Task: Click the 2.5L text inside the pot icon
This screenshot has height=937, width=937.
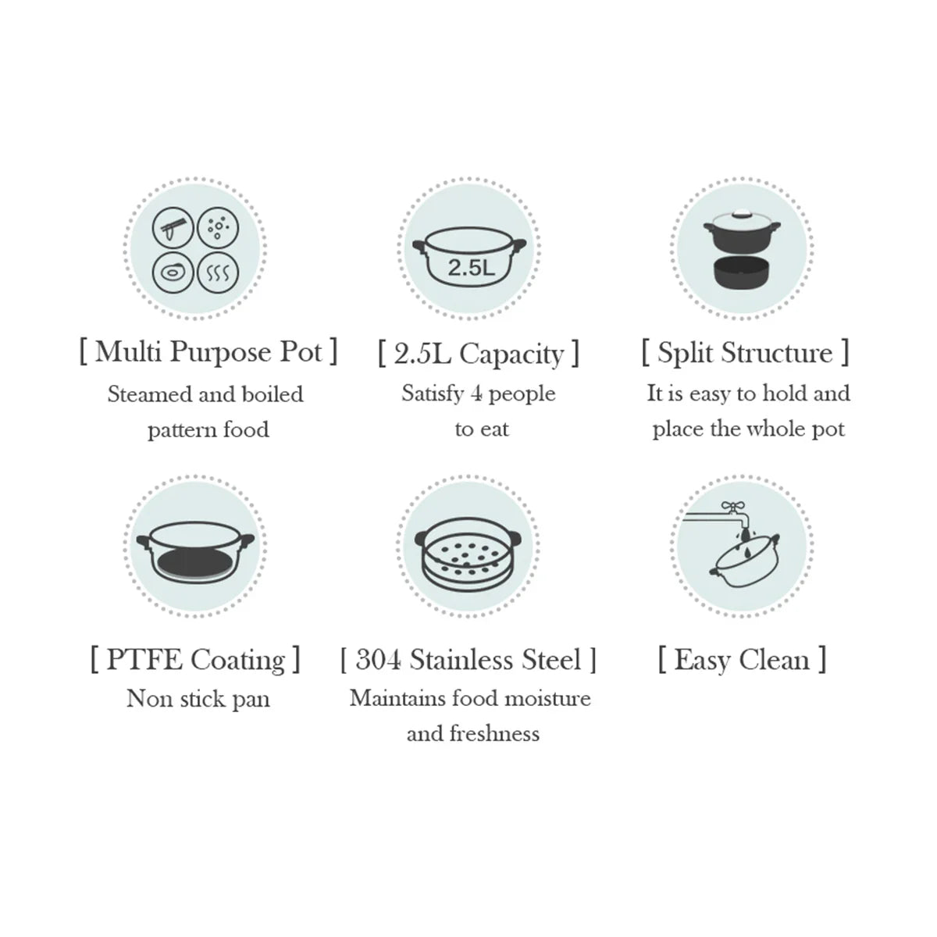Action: click(x=471, y=268)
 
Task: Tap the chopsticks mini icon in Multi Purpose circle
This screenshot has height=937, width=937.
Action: click(x=173, y=227)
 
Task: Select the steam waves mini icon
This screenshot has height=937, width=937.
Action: click(x=218, y=273)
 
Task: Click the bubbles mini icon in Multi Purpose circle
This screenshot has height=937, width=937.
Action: click(x=218, y=227)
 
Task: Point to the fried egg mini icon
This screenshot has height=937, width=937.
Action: click(x=173, y=273)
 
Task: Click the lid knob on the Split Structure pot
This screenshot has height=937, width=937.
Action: click(x=742, y=212)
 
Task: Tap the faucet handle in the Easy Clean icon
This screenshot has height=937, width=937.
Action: click(x=730, y=507)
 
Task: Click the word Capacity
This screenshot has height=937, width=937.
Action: click(x=511, y=354)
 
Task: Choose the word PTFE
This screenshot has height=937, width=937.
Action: click(x=144, y=659)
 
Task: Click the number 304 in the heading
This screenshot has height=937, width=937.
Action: click(x=379, y=660)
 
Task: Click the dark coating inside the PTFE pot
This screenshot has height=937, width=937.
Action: click(x=194, y=564)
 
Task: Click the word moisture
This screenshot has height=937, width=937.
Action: click(x=547, y=699)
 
